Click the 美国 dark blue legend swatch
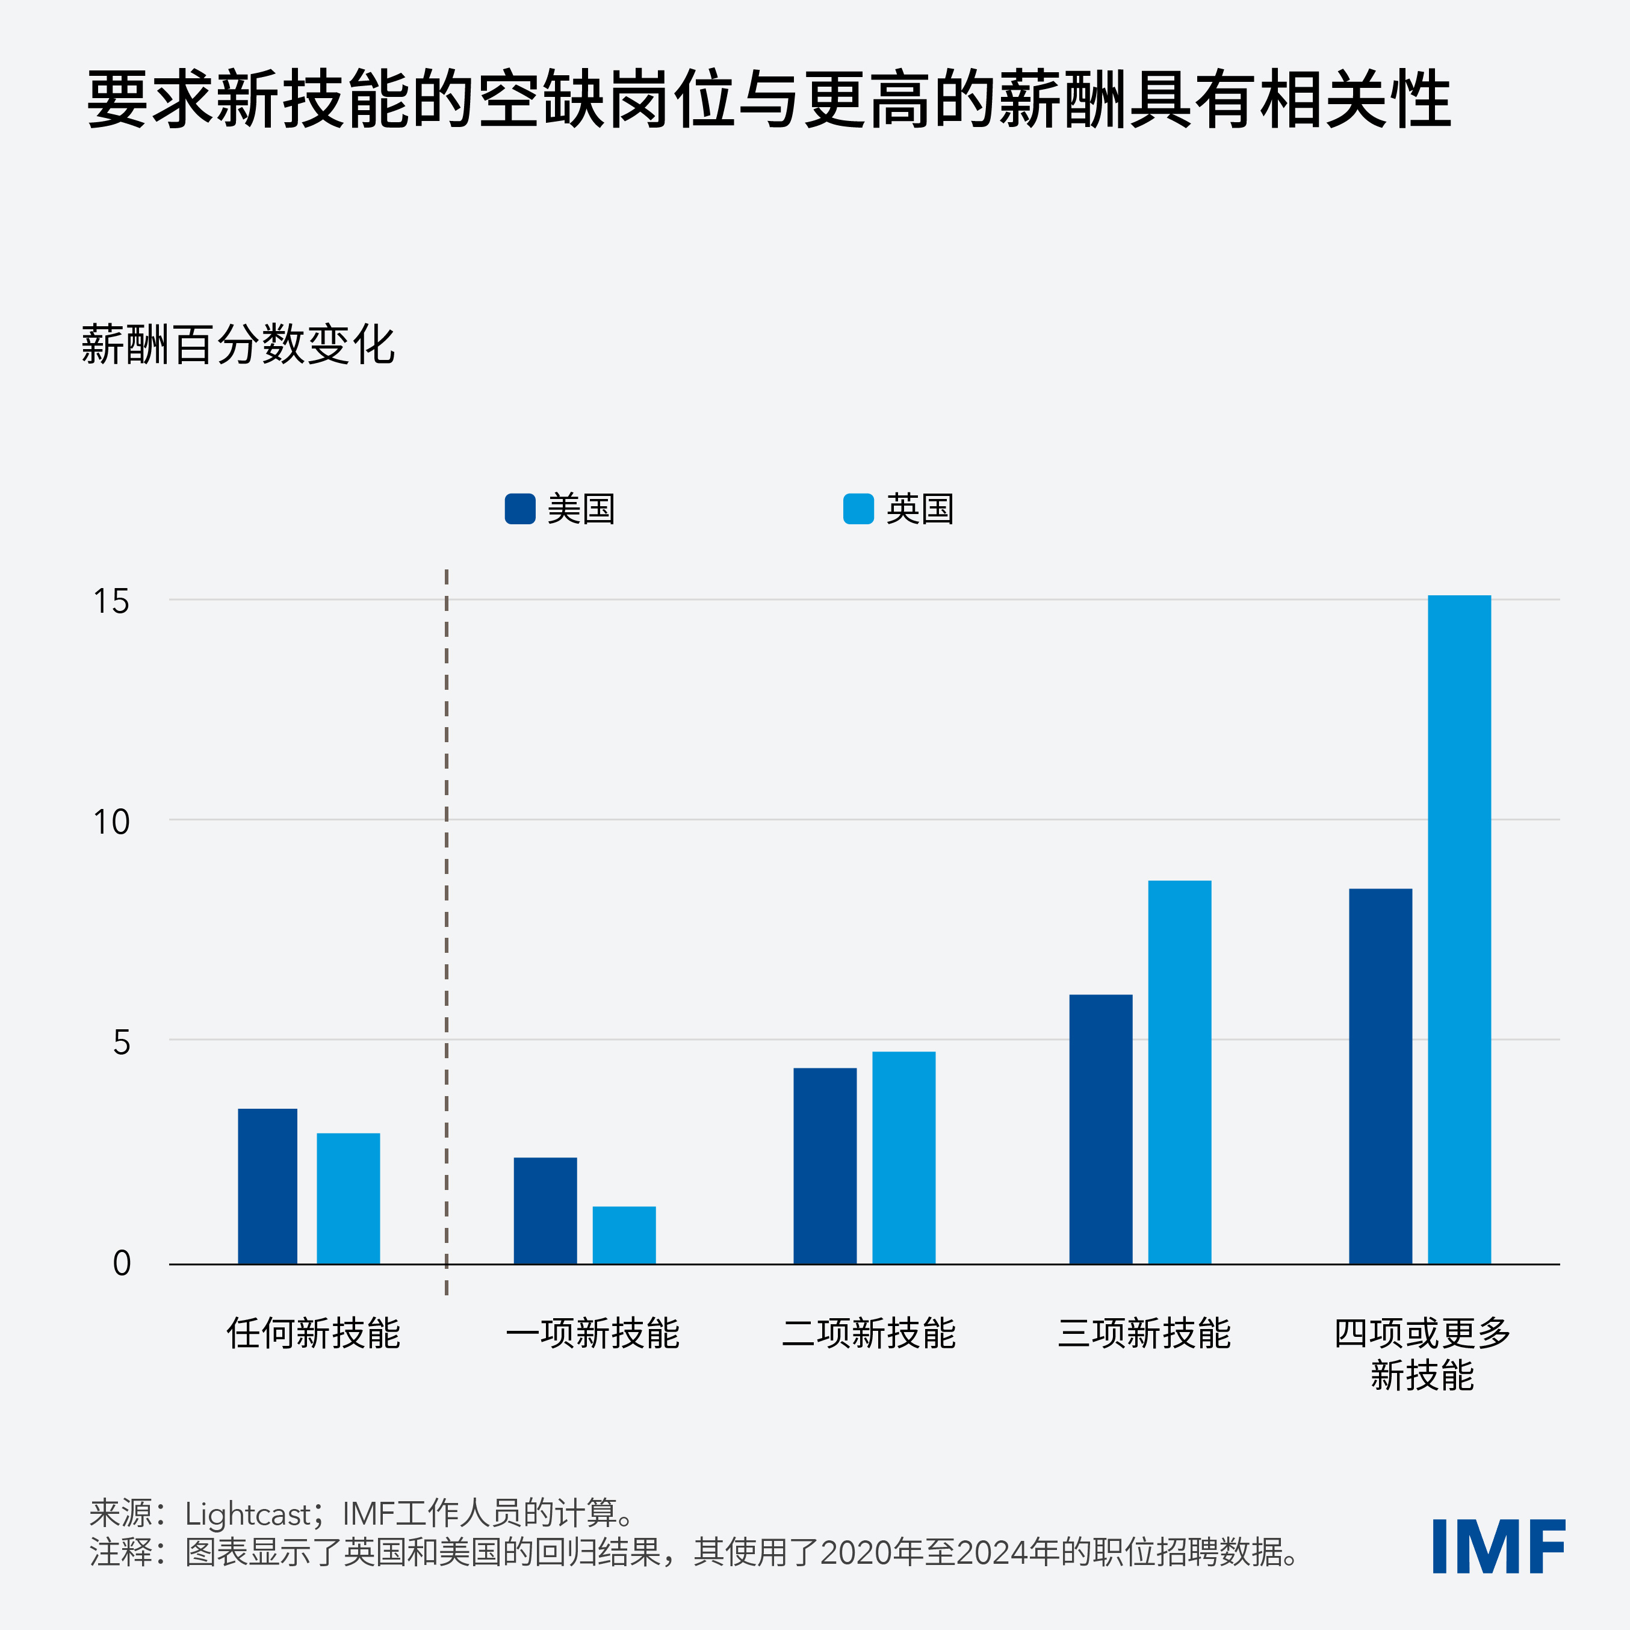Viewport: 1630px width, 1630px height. tap(519, 509)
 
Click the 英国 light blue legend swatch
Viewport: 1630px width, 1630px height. tap(858, 509)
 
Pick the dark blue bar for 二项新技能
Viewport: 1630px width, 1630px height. tap(824, 1165)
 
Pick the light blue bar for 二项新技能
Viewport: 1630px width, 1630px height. tap(903, 1157)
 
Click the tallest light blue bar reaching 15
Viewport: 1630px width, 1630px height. tap(1458, 929)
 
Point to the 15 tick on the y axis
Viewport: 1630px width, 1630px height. tap(111, 601)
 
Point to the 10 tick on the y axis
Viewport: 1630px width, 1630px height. tap(111, 822)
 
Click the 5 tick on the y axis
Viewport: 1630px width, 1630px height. tap(122, 1043)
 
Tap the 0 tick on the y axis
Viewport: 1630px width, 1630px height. tap(122, 1263)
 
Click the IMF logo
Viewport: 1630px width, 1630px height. tap(1498, 1546)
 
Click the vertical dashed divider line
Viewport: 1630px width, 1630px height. tap(446, 928)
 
